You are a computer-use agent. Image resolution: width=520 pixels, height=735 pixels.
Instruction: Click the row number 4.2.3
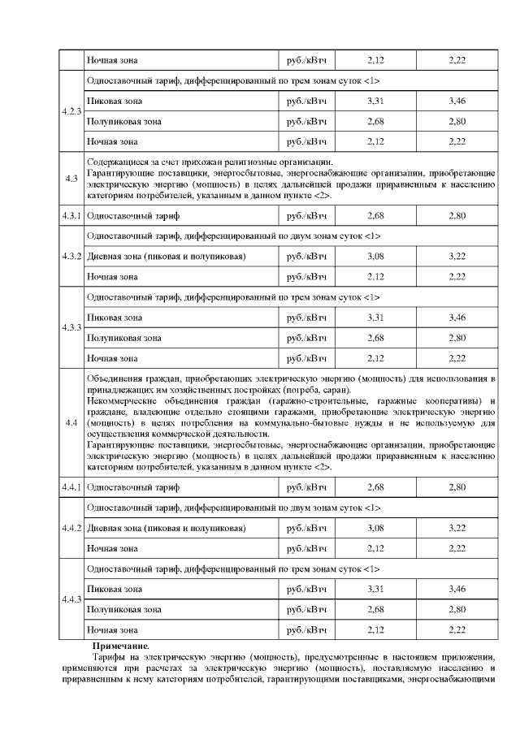tap(71, 111)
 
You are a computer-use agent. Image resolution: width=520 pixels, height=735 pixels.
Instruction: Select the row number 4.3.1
tap(71, 216)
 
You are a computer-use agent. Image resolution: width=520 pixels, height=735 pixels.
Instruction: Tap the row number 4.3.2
tap(71, 257)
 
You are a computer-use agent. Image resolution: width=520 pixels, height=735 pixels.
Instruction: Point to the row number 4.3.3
tap(71, 327)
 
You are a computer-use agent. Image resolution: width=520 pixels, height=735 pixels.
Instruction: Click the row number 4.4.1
tap(71, 487)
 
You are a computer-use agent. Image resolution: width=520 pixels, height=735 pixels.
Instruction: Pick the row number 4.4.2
tap(71, 528)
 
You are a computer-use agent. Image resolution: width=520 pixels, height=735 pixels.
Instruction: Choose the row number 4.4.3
tap(71, 599)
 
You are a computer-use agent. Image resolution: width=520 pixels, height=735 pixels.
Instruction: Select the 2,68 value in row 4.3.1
tap(375, 216)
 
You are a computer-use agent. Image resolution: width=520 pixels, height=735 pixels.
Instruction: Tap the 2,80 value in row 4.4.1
tap(457, 487)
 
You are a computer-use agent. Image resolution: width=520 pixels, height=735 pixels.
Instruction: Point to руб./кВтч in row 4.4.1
tap(306, 487)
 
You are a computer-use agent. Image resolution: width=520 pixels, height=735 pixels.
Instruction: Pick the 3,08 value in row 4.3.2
tap(375, 257)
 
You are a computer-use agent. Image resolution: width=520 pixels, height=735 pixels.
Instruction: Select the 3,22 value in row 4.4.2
tap(457, 528)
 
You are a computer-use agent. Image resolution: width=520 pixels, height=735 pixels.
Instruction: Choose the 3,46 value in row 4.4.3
tap(457, 588)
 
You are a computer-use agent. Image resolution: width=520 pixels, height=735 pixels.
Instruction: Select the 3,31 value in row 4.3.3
tap(375, 317)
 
